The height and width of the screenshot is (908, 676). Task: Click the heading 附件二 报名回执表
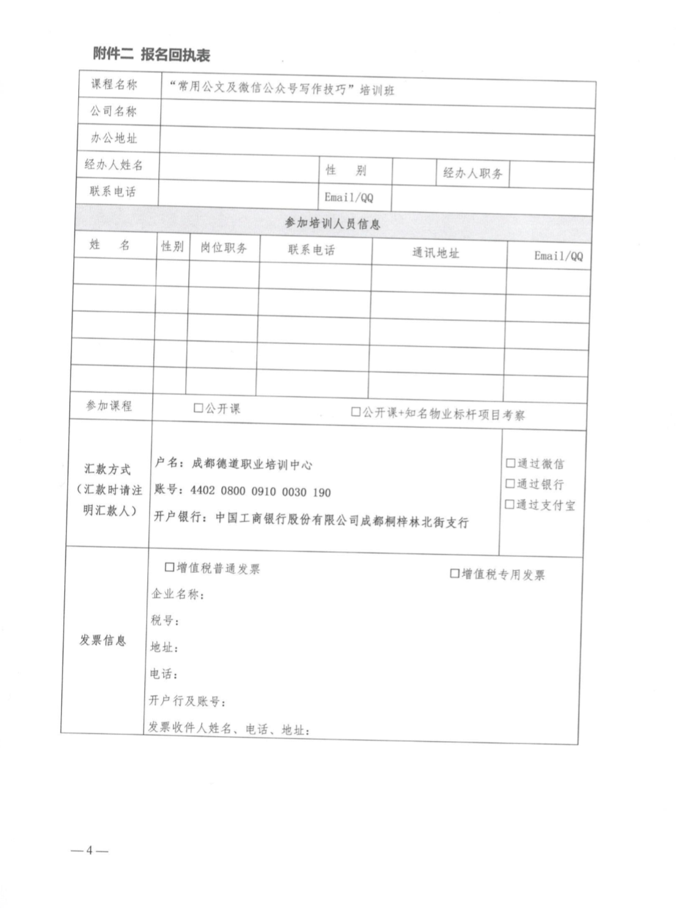tap(152, 55)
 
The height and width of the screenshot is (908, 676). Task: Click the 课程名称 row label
tap(114, 84)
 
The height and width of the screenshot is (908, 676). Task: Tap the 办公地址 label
tap(114, 138)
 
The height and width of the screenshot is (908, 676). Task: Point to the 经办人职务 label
tap(472, 173)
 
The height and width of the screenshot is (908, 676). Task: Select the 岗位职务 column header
tap(224, 248)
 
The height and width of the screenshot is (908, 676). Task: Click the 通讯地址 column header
tap(435, 253)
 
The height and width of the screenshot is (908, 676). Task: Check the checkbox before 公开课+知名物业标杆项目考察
tap(356, 412)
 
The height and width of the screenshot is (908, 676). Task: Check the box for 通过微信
tap(510, 463)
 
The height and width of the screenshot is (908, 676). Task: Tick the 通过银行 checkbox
tap(510, 484)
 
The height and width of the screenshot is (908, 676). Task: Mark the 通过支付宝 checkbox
tap(509, 504)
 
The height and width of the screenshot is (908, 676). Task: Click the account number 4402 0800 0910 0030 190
tap(260, 492)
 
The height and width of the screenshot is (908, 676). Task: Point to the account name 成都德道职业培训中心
tap(252, 464)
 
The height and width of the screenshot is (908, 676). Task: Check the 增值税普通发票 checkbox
tap(170, 567)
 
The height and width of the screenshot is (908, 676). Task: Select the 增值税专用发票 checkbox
tap(455, 574)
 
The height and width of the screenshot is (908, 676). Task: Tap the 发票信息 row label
tap(103, 640)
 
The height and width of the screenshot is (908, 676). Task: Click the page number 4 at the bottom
tap(89, 850)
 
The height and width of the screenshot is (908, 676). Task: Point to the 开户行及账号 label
tap(187, 701)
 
